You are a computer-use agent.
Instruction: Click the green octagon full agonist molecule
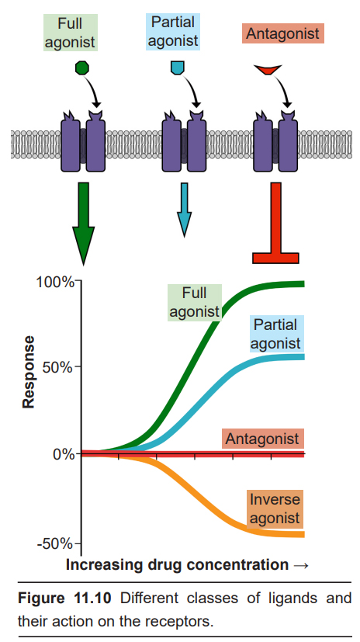click(x=82, y=68)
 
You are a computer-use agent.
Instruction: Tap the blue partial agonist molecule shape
click(x=177, y=68)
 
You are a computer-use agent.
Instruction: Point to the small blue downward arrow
click(x=184, y=210)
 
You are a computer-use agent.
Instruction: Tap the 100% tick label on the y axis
click(x=55, y=282)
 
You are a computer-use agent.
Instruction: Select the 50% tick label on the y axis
click(x=61, y=366)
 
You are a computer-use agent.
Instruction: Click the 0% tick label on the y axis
click(x=64, y=454)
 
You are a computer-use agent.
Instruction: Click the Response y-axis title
click(x=28, y=372)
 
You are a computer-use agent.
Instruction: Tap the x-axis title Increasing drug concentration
click(x=177, y=565)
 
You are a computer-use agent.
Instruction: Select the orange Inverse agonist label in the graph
click(x=275, y=509)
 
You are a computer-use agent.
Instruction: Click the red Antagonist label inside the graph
click(x=263, y=439)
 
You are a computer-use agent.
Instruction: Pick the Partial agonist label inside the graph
click(x=275, y=334)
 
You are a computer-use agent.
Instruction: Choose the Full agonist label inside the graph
click(x=194, y=302)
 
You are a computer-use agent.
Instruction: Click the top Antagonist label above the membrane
click(x=282, y=33)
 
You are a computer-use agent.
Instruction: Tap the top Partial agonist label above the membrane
click(x=173, y=32)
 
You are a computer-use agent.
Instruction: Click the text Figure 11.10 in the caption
click(x=64, y=599)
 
